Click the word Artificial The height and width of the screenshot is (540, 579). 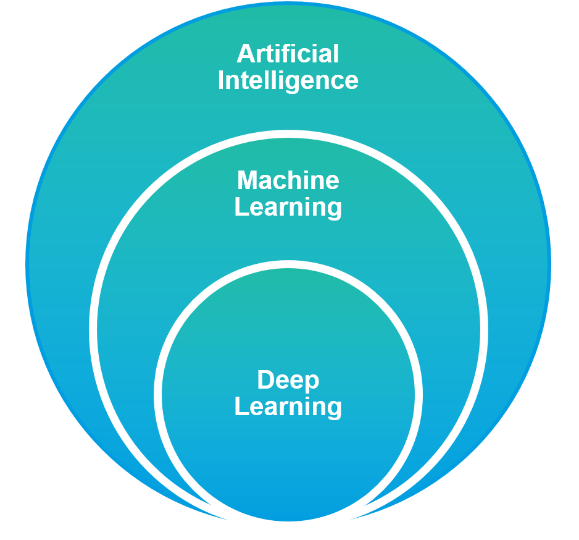pyautogui.click(x=288, y=54)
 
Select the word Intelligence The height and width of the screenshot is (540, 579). pyautogui.click(x=288, y=81)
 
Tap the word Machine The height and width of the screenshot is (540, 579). pyautogui.click(x=288, y=180)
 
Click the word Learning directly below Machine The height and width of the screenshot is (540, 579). pyautogui.click(x=288, y=208)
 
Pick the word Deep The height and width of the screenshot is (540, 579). pyautogui.click(x=288, y=381)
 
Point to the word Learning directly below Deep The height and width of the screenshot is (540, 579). pyautogui.click(x=288, y=407)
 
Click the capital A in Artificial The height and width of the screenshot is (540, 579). pyautogui.click(x=245, y=54)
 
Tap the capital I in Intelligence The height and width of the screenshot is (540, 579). pyautogui.click(x=222, y=81)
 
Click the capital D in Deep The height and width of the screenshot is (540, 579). pyautogui.click(x=265, y=380)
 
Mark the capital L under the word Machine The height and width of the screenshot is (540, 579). pyautogui.click(x=241, y=208)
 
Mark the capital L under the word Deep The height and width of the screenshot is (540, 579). pyautogui.click(x=241, y=407)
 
